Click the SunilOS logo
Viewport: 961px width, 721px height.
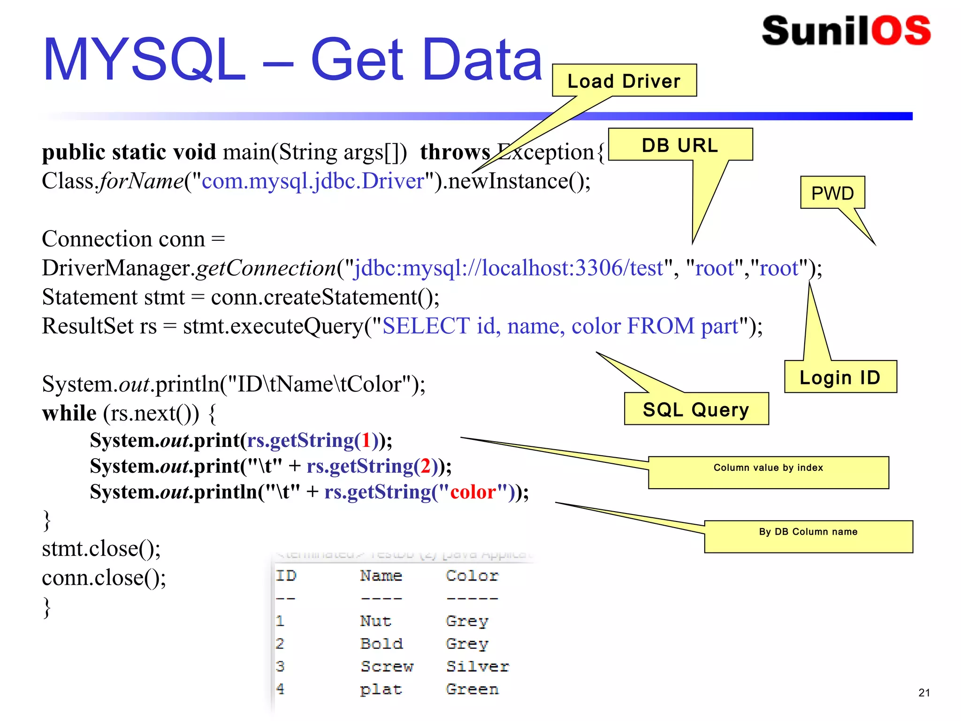846,31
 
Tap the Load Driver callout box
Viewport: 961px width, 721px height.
624,81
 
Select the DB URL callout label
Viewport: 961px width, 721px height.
680,145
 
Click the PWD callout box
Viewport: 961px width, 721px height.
832,193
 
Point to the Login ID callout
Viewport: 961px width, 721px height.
840,377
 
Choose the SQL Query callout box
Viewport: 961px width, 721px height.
696,409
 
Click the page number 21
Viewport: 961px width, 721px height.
924,692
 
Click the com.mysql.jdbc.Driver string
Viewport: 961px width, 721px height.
313,181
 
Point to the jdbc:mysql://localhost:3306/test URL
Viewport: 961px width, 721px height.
509,268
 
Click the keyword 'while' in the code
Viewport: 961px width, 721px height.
69,414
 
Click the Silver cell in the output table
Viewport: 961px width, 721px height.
477,666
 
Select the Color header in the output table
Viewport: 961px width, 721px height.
472,576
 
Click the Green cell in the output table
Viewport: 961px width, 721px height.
472,689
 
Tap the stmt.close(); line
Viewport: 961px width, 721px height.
101,549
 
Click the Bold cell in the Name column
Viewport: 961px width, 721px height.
381,644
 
